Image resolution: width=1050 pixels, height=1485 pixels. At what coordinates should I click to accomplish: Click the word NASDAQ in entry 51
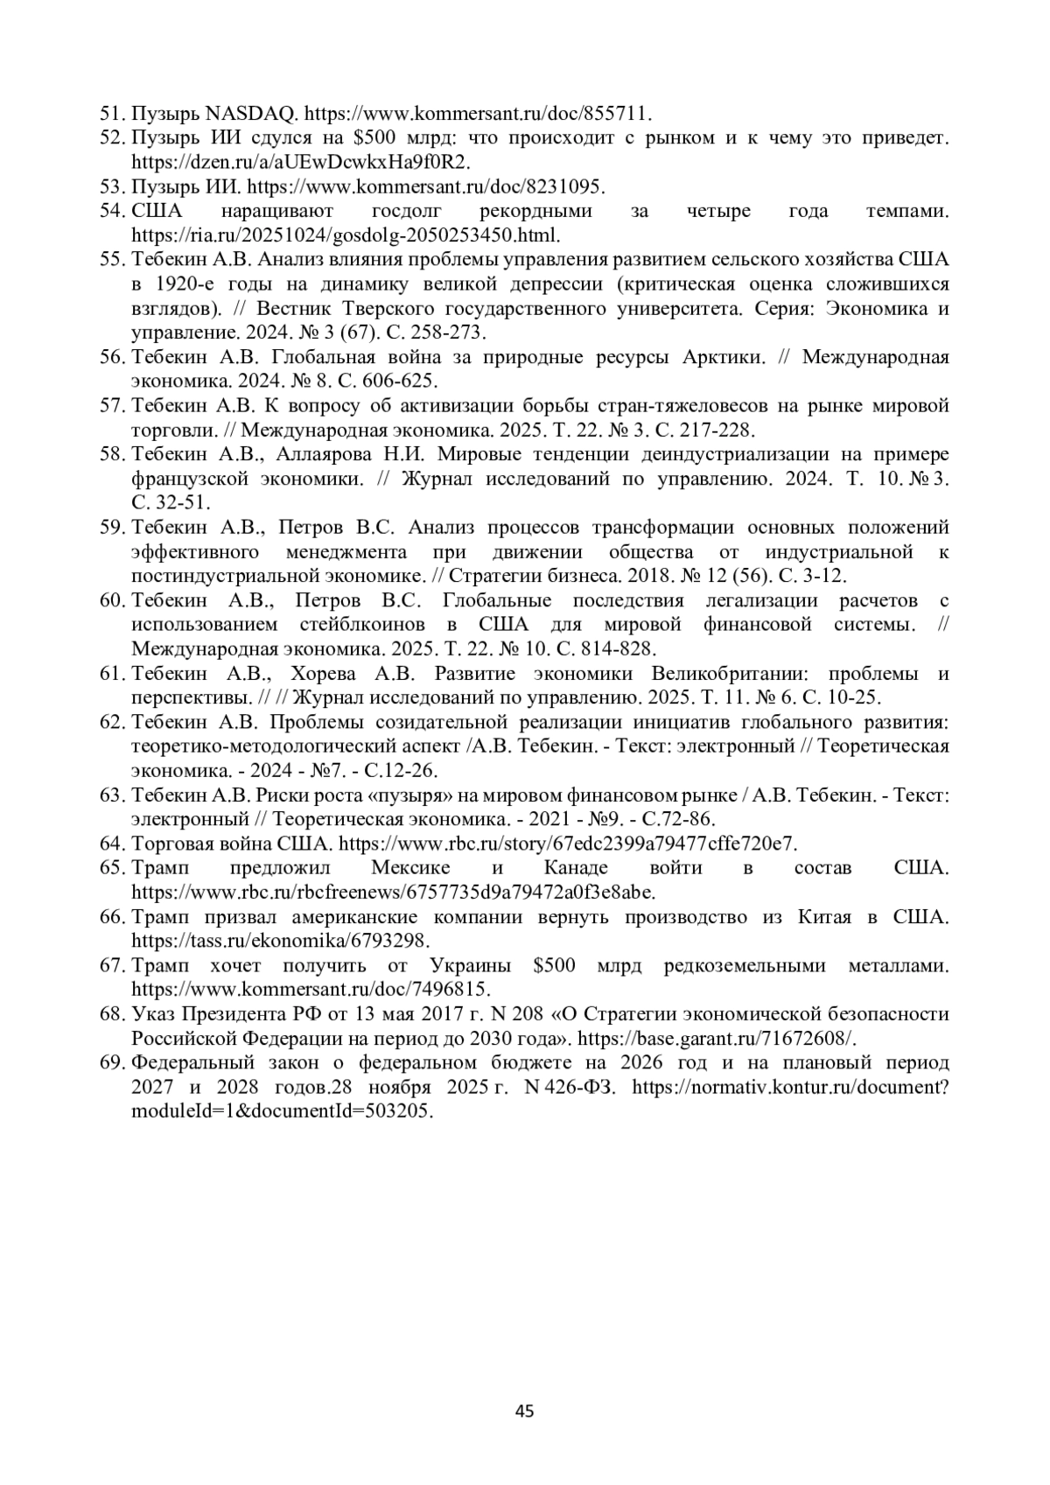pos(252,114)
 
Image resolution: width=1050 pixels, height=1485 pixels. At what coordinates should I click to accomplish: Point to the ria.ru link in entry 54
pos(346,235)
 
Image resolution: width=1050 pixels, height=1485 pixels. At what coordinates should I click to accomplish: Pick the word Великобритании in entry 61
pos(732,674)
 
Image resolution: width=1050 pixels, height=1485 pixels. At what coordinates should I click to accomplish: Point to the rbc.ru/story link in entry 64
pos(568,844)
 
